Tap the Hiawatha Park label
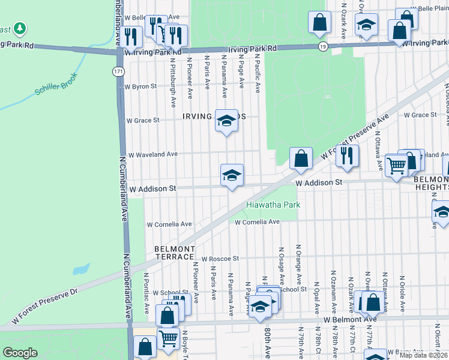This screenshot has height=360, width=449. [x=273, y=205]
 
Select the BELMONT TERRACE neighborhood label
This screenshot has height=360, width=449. [x=175, y=253]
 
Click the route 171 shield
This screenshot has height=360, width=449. [x=118, y=71]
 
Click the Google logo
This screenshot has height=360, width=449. [x=20, y=353]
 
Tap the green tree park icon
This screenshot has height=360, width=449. [x=20, y=28]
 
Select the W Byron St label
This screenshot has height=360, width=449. [x=140, y=86]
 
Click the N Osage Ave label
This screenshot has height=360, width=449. [x=281, y=265]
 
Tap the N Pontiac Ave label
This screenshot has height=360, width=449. [x=146, y=293]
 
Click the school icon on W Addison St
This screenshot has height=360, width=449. [x=232, y=176]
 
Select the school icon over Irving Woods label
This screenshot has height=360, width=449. [x=226, y=121]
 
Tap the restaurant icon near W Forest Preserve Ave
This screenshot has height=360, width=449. [x=346, y=156]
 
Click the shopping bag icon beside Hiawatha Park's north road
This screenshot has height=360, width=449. [x=301, y=159]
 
